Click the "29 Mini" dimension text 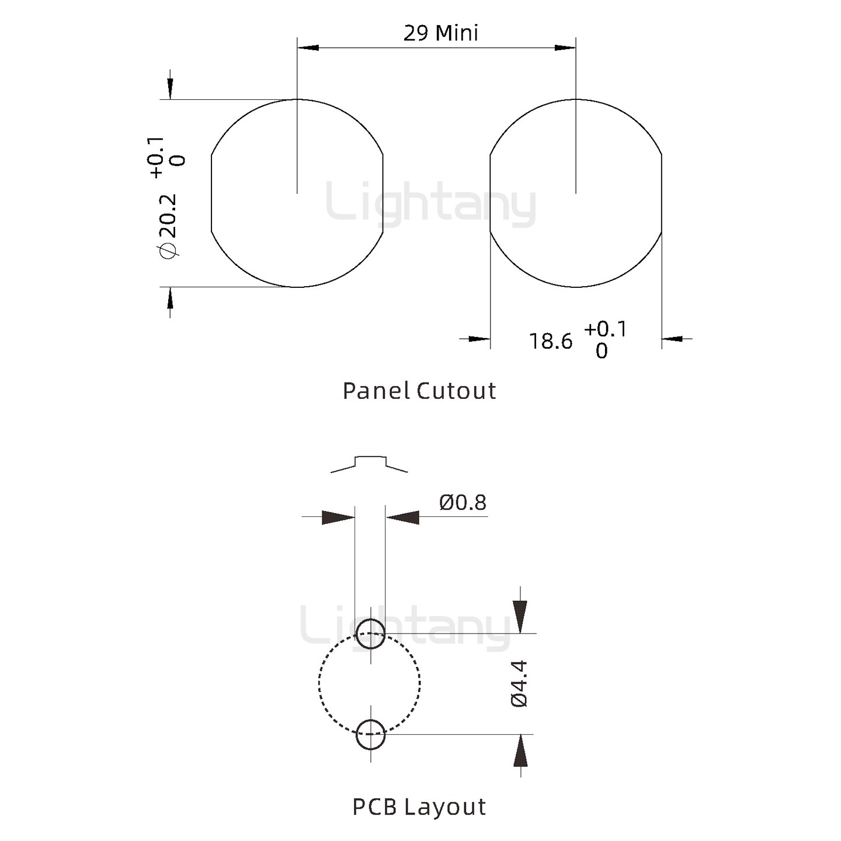tap(440, 33)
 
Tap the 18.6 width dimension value tap(551, 342)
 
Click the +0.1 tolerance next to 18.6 tap(605, 329)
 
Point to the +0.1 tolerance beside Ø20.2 tap(157, 157)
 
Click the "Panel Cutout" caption tap(419, 391)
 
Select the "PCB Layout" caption tap(419, 807)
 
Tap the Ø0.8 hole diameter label tap(463, 502)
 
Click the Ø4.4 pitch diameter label tap(519, 684)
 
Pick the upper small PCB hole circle tap(370, 634)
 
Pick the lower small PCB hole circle tap(370, 734)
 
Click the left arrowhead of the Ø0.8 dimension tap(338, 517)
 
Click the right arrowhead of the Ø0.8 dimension tap(403, 517)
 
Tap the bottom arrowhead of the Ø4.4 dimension tap(520, 752)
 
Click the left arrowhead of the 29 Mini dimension tap(308, 47)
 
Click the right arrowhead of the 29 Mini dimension tap(565, 47)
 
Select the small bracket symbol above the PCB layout tap(370, 463)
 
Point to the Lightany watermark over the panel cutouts tap(430, 204)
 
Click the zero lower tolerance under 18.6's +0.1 tap(602, 351)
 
